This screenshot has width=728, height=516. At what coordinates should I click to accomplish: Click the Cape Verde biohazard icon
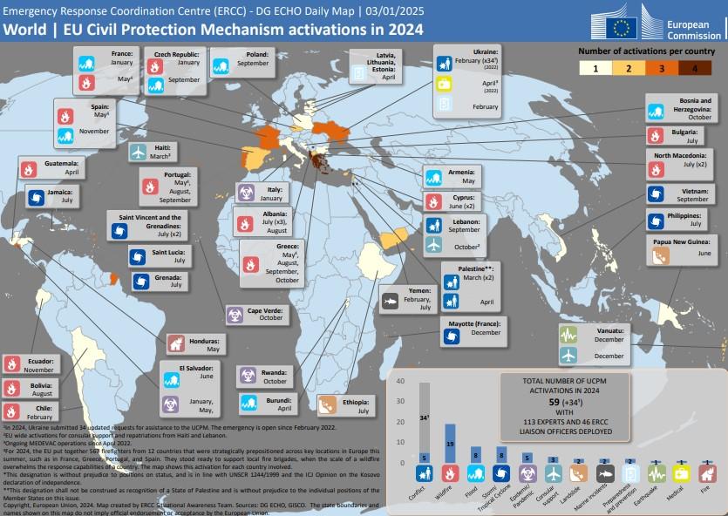(235, 314)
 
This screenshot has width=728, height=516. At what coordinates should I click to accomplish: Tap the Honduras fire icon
(174, 343)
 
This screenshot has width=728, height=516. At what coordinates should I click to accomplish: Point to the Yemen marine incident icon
(390, 302)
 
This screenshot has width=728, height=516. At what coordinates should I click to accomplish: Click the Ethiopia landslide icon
(328, 404)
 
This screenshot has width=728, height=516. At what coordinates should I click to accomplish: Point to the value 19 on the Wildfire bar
(450, 444)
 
